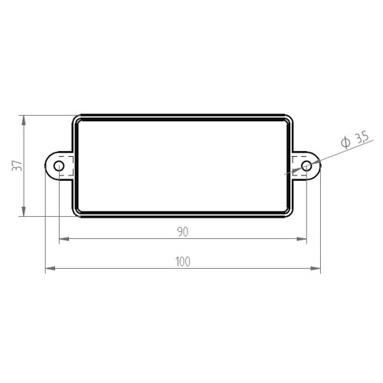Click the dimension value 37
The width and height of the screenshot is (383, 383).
pyautogui.click(x=18, y=166)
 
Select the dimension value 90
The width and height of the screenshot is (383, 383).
pyautogui.click(x=183, y=232)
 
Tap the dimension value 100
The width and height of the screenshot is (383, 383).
pyautogui.click(x=183, y=262)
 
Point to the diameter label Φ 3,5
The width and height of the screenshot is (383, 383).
pyautogui.click(x=355, y=140)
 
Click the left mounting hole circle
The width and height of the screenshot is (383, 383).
pyautogui.click(x=59, y=166)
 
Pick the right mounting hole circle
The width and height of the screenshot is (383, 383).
pyautogui.click(x=306, y=166)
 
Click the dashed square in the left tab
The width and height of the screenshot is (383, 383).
pyautogui.click(x=67, y=166)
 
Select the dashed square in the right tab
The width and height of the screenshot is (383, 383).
pyautogui.click(x=300, y=166)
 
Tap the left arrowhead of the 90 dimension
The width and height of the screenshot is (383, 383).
pyautogui.click(x=64, y=239)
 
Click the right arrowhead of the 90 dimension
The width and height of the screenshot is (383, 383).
pyautogui.click(x=302, y=239)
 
